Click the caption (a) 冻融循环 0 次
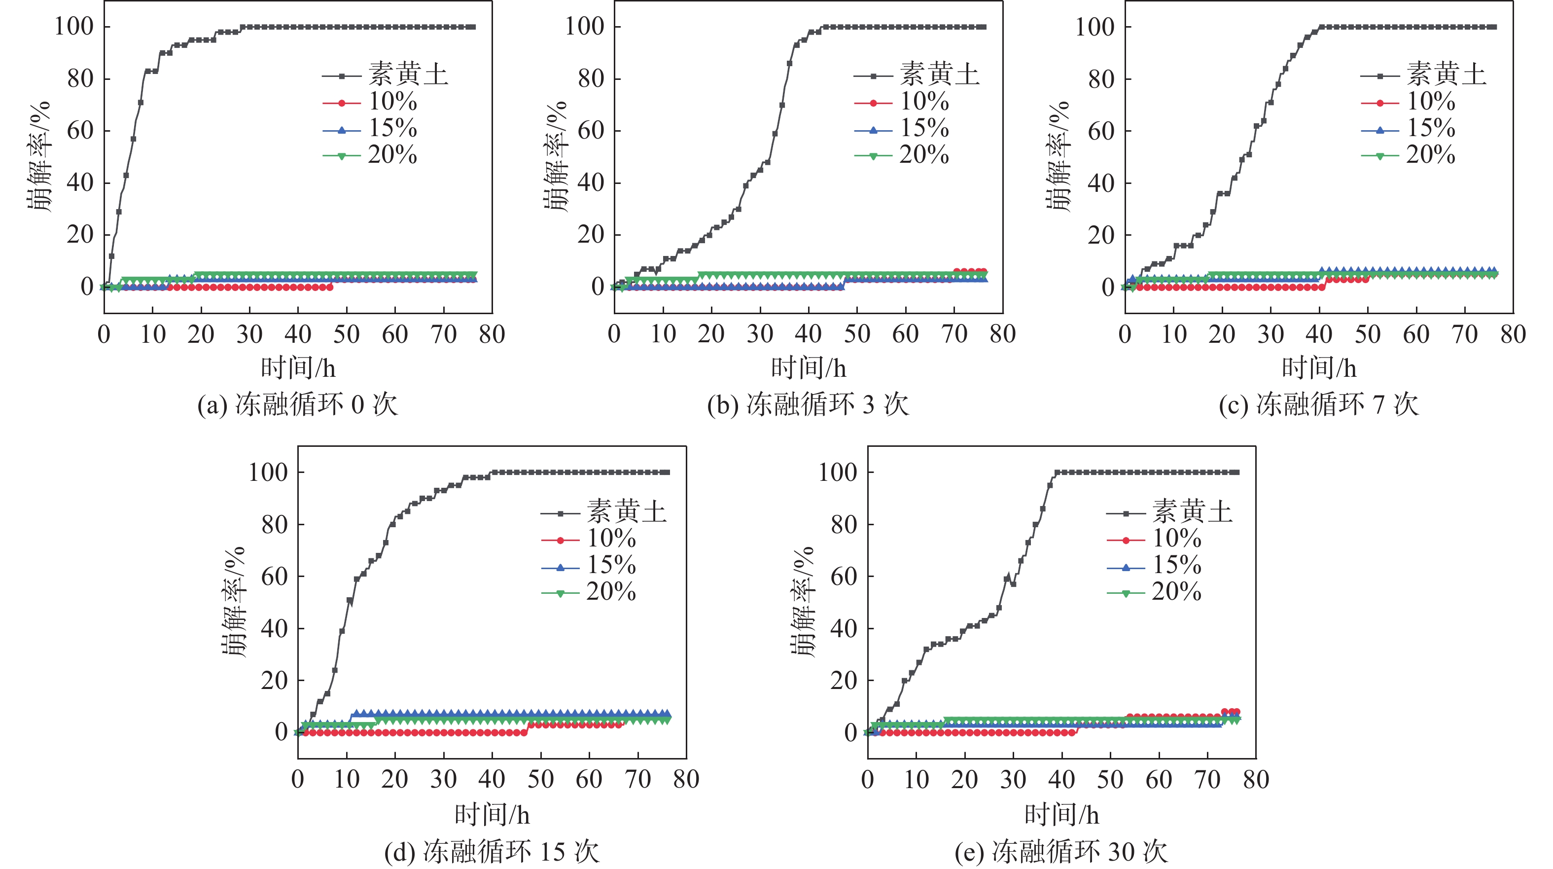coord(298,404)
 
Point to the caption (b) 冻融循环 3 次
coord(808,404)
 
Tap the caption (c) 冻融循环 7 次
coord(1318,404)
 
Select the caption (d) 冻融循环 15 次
coord(492,852)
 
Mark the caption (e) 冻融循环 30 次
coord(1061,852)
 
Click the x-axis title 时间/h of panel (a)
coord(298,368)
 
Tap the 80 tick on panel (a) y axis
coord(80,79)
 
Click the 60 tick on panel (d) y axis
coord(274,577)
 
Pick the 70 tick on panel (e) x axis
coord(1207,780)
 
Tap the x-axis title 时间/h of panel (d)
coord(492,815)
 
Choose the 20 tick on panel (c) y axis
coord(1101,235)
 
